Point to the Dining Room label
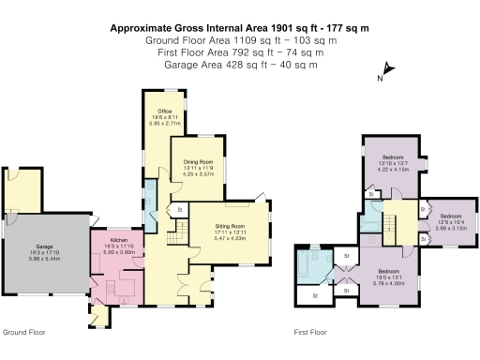tap(198, 162)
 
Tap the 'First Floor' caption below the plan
tap(310, 332)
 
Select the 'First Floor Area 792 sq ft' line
tap(239, 52)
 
